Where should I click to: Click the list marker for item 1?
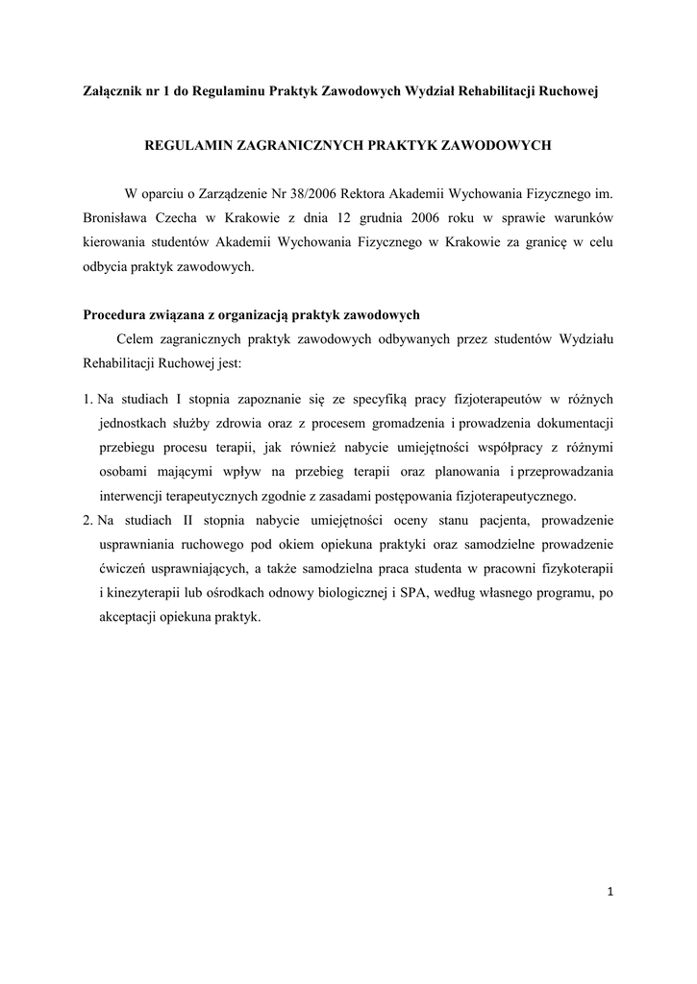[87, 398]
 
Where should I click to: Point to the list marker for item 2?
[87, 522]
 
